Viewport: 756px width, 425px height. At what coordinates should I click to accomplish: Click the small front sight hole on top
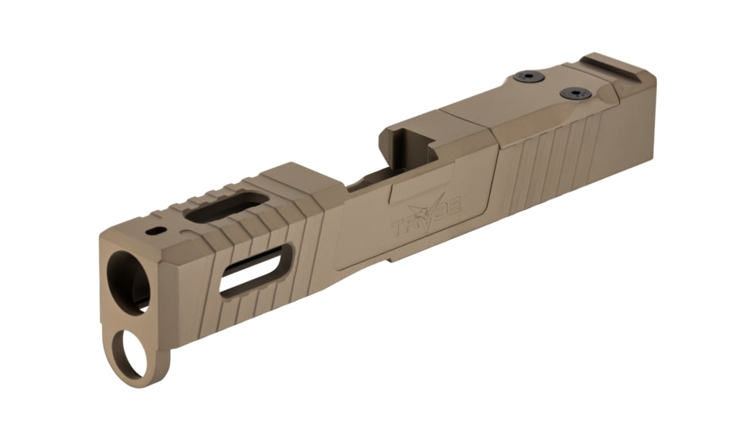(158, 230)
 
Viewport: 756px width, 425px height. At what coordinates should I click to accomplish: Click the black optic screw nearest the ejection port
(528, 76)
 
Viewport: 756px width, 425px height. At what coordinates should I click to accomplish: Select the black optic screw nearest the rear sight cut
(575, 93)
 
